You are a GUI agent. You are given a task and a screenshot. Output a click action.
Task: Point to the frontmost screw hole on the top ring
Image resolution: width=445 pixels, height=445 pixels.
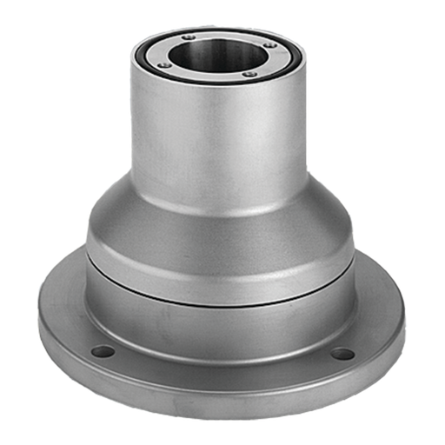249,75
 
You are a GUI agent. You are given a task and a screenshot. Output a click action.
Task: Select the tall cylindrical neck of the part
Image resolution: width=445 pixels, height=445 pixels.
217,139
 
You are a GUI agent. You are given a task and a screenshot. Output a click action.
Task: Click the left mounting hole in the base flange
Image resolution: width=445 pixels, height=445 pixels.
103,352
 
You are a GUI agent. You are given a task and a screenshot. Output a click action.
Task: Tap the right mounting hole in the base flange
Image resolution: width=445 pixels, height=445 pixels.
343,354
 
